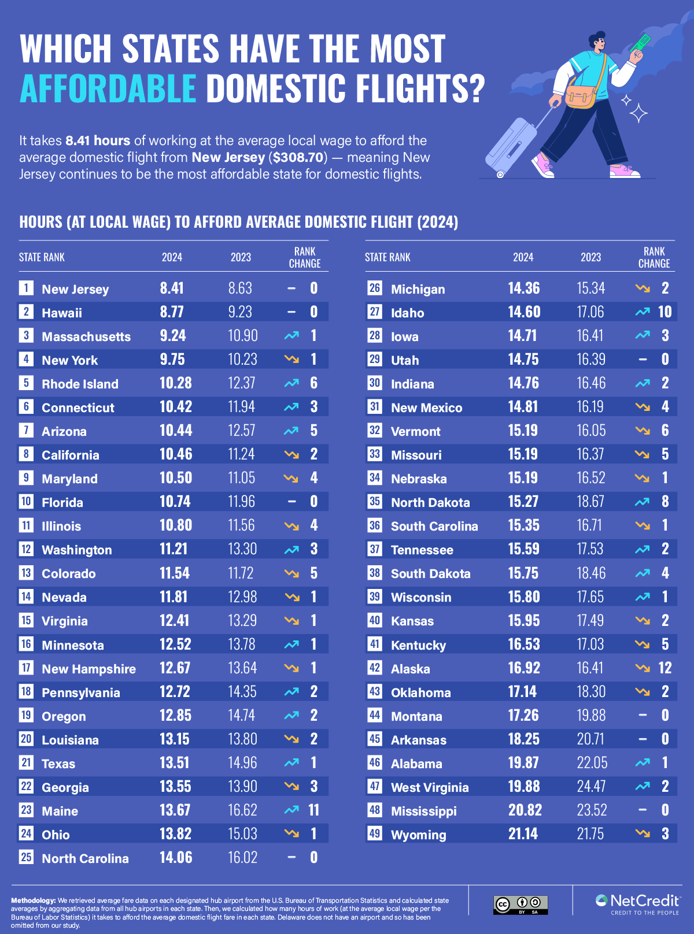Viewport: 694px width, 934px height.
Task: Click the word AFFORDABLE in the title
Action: pos(108,88)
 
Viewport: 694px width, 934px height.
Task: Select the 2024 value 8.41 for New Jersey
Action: pos(172,288)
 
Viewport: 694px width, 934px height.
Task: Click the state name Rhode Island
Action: pos(80,384)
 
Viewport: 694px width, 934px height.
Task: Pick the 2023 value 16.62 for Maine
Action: pos(242,810)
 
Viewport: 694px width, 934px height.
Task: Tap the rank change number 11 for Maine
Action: pos(313,810)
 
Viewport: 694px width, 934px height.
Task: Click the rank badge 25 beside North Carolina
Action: pos(26,857)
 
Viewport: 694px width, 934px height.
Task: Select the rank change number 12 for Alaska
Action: pos(665,668)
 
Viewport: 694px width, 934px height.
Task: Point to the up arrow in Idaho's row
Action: pos(642,312)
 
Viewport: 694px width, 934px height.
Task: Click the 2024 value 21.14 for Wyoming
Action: pos(523,834)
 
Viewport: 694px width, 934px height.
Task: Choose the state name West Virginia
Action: pos(430,787)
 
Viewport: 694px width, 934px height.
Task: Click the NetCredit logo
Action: pos(638,904)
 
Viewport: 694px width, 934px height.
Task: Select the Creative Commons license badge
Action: pos(520,905)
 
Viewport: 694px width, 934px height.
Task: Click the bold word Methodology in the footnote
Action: pos(33,900)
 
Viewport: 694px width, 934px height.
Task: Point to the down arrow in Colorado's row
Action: pos(291,573)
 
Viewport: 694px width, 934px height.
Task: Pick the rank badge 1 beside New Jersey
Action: pos(26,288)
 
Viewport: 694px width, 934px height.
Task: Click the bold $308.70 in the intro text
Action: pos(298,157)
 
